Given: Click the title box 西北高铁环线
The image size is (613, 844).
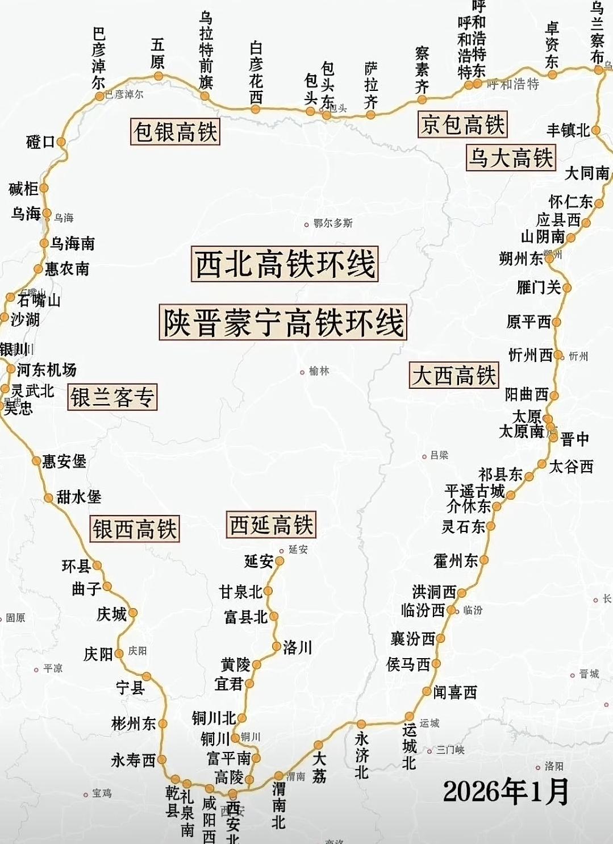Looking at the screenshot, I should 285,264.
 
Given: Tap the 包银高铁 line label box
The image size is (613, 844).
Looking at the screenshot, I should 175,131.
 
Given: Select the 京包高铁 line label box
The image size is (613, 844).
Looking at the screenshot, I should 462,124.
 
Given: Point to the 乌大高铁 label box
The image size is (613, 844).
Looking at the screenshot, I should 510,157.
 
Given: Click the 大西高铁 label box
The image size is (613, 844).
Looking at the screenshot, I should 454,376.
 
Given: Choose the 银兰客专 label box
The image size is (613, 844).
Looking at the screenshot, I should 112,397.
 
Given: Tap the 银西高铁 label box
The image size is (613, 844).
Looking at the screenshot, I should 135,529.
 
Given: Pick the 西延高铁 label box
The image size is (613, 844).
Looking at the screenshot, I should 270,525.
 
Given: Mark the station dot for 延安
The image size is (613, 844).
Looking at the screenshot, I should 279,561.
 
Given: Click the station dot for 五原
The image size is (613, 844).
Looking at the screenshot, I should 159,76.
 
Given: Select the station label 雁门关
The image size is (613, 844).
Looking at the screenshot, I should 538,288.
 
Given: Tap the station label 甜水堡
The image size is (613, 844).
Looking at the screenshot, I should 79,497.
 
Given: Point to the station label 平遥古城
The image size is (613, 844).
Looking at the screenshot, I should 475,490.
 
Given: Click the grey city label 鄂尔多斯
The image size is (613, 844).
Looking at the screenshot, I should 333,223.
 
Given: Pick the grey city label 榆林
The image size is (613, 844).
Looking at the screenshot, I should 319,371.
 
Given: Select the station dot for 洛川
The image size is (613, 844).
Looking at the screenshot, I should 277,646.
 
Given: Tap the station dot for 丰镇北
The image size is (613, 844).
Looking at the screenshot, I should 595,130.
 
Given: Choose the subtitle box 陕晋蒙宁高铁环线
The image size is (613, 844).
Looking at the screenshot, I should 282,322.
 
